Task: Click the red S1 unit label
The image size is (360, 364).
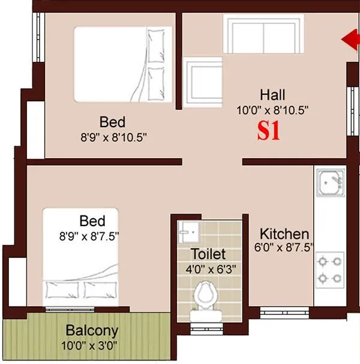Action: [269, 132]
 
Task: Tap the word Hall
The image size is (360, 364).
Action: [272, 95]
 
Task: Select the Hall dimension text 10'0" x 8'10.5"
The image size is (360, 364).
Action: [273, 110]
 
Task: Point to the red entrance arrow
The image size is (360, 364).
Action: [349, 40]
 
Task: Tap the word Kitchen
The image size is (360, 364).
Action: [284, 234]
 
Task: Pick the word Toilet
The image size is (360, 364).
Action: [208, 254]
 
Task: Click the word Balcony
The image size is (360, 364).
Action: [92, 330]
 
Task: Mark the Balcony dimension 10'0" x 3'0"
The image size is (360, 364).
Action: [92, 345]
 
